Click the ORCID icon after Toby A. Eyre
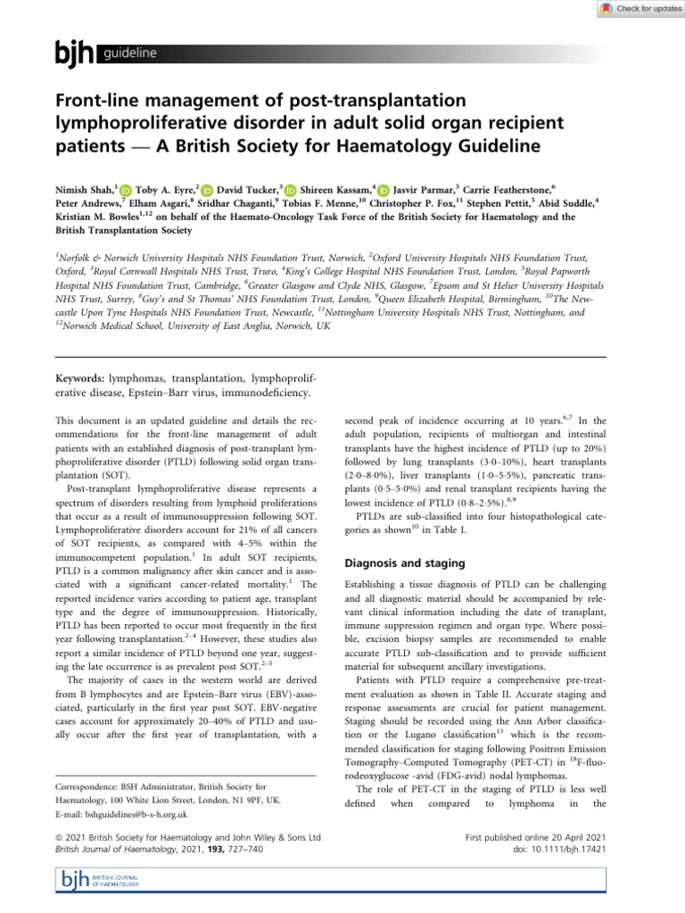point(207,190)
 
